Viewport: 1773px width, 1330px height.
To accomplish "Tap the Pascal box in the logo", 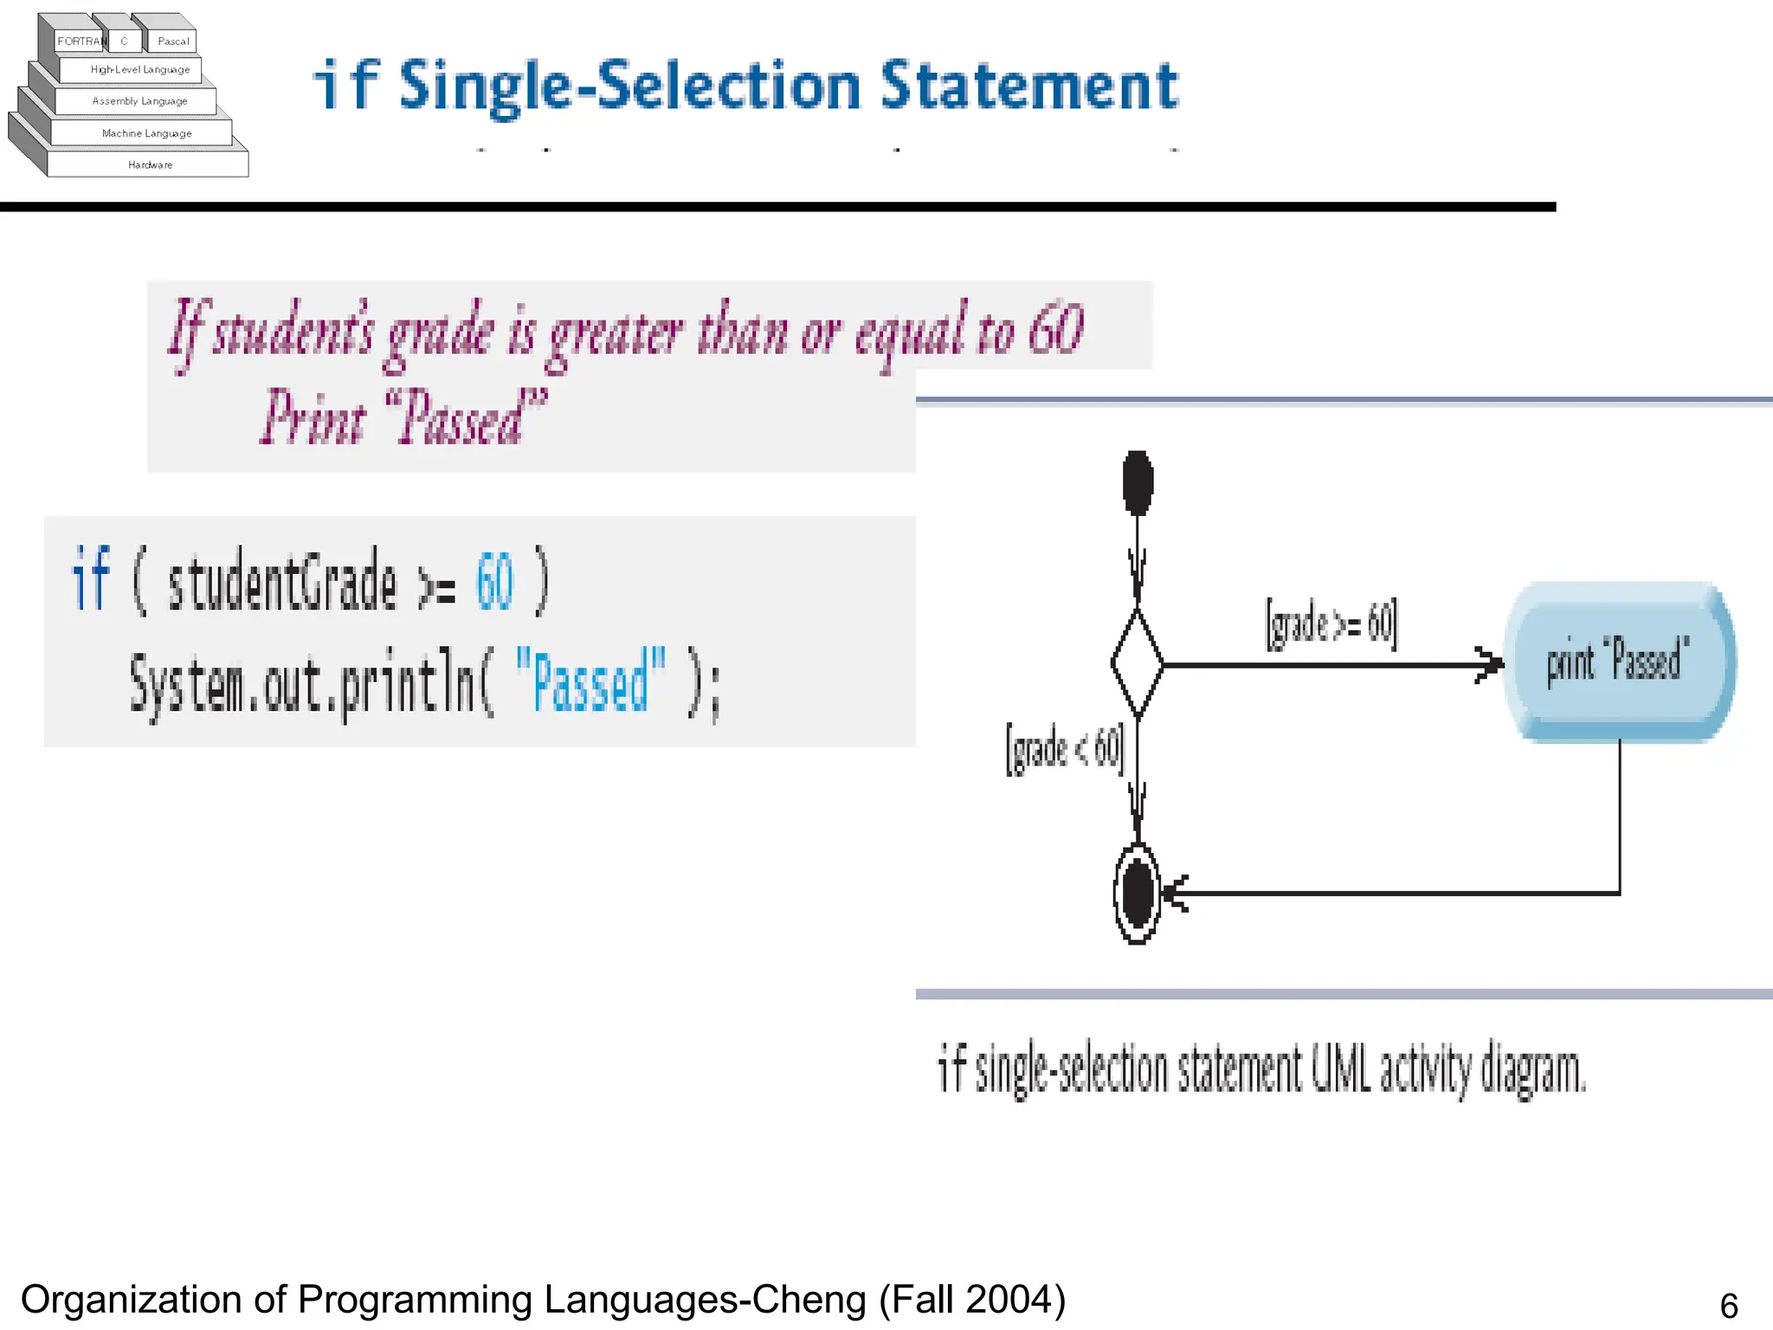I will [x=173, y=41].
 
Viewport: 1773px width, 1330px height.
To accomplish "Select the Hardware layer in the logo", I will [x=150, y=165].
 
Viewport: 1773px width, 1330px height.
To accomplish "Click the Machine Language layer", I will [x=145, y=133].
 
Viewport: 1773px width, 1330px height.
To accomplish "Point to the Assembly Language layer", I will [x=139, y=101].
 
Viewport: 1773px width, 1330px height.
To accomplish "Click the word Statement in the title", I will [x=1028, y=87].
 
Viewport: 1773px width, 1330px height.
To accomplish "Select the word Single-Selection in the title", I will [x=630, y=87].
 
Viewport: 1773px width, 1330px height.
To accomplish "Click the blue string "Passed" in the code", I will [x=590, y=682].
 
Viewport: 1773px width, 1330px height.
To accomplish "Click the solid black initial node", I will [x=1138, y=482].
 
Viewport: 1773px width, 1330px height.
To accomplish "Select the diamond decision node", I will [x=1138, y=664].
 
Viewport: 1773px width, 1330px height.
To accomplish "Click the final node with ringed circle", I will [x=1138, y=893].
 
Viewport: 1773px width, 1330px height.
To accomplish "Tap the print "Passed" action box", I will [x=1617, y=662].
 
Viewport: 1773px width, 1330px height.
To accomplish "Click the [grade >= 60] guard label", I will [x=1331, y=623].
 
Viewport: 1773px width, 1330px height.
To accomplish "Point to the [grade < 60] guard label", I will [x=1065, y=747].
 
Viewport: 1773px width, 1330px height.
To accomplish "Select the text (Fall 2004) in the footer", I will [x=972, y=1300].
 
